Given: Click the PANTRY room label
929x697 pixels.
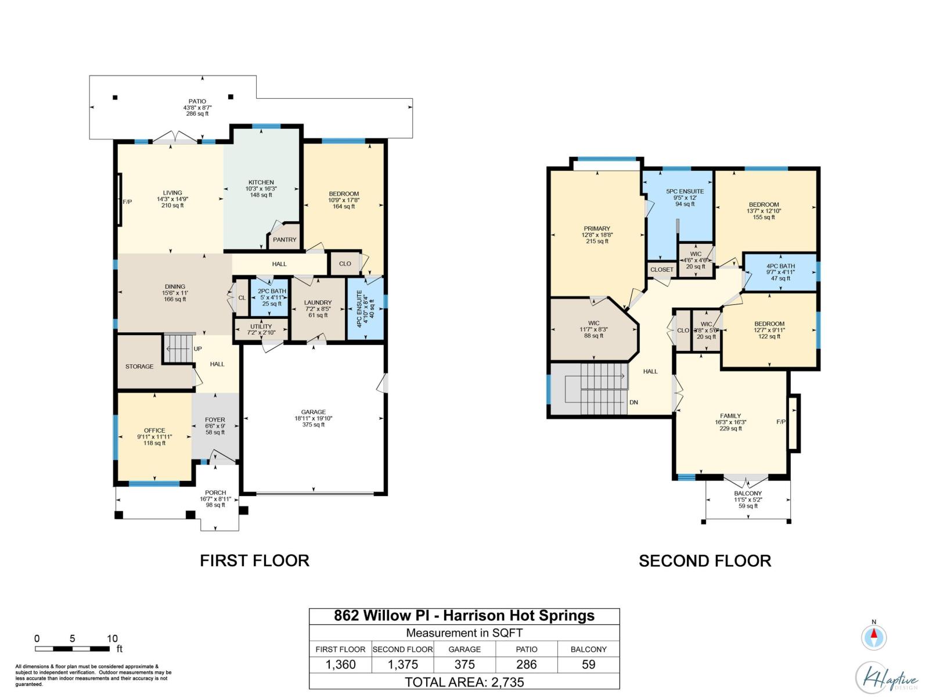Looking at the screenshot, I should (285, 239).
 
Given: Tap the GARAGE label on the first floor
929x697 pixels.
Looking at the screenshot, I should (314, 412).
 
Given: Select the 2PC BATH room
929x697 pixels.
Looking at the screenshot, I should (272, 297).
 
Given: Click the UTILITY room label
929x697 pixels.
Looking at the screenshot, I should (261, 326).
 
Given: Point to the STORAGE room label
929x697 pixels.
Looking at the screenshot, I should (139, 367).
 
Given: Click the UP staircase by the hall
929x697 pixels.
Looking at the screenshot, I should (179, 348).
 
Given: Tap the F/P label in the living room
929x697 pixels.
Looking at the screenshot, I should (127, 202).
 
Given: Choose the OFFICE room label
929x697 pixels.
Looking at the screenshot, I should (154, 430).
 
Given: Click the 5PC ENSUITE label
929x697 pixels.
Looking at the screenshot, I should (685, 191).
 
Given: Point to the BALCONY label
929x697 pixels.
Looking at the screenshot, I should (747, 493).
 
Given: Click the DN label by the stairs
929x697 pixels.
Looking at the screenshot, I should (633, 402).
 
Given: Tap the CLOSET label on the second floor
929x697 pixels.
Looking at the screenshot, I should (662, 270).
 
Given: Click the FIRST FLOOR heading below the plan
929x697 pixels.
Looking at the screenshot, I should (254, 561).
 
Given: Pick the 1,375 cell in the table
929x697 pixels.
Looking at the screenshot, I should (403, 664).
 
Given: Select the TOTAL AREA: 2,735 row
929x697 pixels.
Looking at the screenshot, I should (464, 682).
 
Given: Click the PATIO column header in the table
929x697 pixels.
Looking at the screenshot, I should (527, 649).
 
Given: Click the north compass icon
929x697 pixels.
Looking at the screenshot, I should (874, 637).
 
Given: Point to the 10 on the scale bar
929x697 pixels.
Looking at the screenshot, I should (112, 638).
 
